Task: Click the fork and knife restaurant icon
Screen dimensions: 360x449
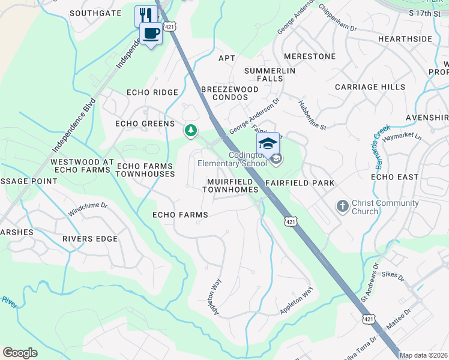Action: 144,15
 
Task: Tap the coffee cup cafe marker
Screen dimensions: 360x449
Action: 151,33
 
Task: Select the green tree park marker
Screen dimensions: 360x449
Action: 191,130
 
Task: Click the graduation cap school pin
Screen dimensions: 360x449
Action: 268,143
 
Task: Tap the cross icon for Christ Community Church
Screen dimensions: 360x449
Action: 342,206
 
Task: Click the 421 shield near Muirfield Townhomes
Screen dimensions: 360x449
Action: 291,221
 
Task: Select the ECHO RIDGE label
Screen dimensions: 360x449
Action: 152,92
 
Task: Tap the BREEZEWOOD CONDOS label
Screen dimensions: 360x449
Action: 229,94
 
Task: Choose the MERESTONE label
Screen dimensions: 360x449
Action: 309,56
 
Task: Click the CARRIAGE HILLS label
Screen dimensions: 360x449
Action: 370,87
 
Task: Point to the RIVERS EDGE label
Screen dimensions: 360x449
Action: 90,239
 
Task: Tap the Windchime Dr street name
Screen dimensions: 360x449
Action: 88,205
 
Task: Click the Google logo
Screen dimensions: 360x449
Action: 20,353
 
